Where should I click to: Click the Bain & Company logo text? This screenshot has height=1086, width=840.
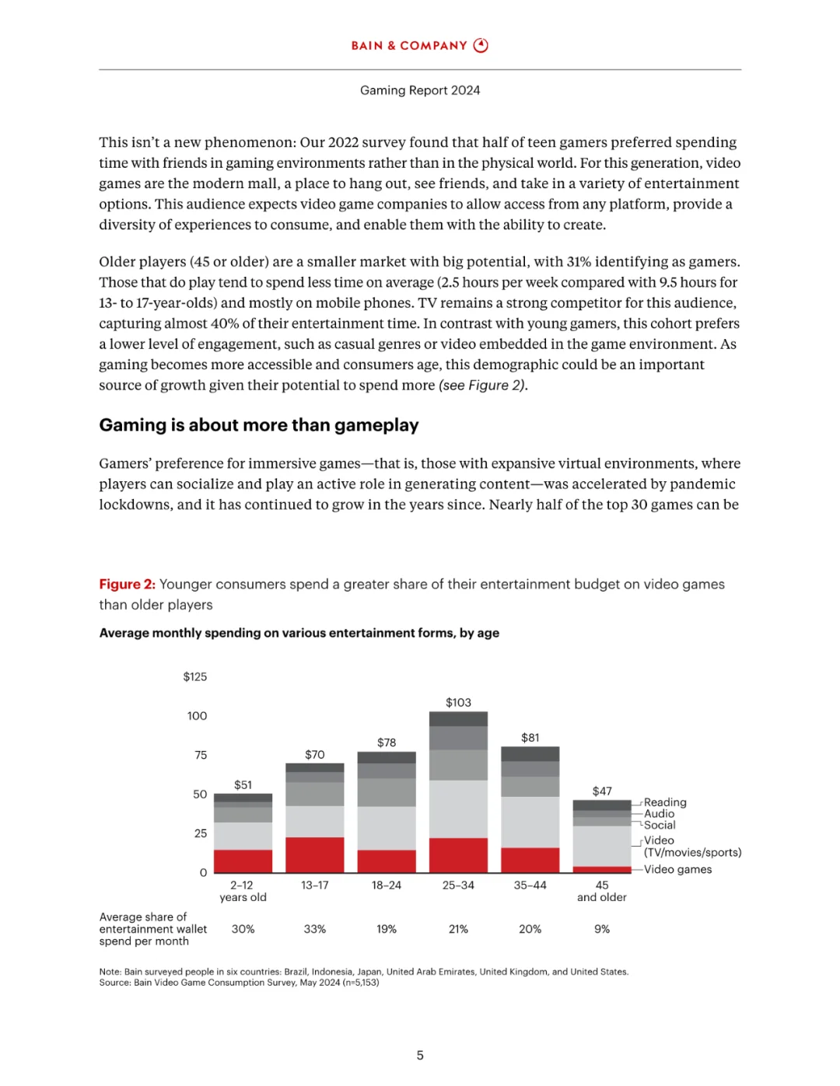pyautogui.click(x=409, y=46)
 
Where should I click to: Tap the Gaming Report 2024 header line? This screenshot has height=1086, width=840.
pyautogui.click(x=420, y=90)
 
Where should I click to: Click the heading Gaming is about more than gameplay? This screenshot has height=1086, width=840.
pyautogui.click(x=259, y=425)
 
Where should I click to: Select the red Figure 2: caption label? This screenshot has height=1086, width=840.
pyautogui.click(x=127, y=585)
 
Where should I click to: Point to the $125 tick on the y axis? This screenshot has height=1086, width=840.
pyautogui.click(x=195, y=677)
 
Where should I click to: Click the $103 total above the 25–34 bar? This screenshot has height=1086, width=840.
pyautogui.click(x=458, y=703)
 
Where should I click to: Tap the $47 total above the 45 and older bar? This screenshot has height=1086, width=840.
pyautogui.click(x=602, y=791)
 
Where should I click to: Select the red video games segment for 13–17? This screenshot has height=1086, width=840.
pyautogui.click(x=315, y=854)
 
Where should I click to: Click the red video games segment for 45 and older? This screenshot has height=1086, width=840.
pyautogui.click(x=602, y=869)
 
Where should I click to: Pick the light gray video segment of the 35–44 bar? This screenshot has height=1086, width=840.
pyautogui.click(x=530, y=822)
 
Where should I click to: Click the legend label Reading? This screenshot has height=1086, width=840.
pyautogui.click(x=665, y=802)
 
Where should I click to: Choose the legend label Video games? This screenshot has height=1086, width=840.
pyautogui.click(x=677, y=870)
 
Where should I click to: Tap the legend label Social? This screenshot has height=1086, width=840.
pyautogui.click(x=660, y=825)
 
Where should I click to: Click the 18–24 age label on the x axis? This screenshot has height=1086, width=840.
pyautogui.click(x=387, y=885)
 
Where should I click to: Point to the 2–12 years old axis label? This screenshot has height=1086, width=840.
pyautogui.click(x=243, y=891)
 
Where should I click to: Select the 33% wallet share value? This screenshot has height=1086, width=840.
pyautogui.click(x=315, y=929)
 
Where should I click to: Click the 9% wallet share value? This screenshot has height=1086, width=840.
pyautogui.click(x=602, y=929)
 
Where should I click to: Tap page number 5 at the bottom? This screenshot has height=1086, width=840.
pyautogui.click(x=420, y=1056)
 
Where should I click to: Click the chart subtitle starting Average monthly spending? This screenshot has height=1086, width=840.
pyautogui.click(x=299, y=633)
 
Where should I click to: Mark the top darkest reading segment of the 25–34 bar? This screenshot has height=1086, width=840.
pyautogui.click(x=458, y=719)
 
